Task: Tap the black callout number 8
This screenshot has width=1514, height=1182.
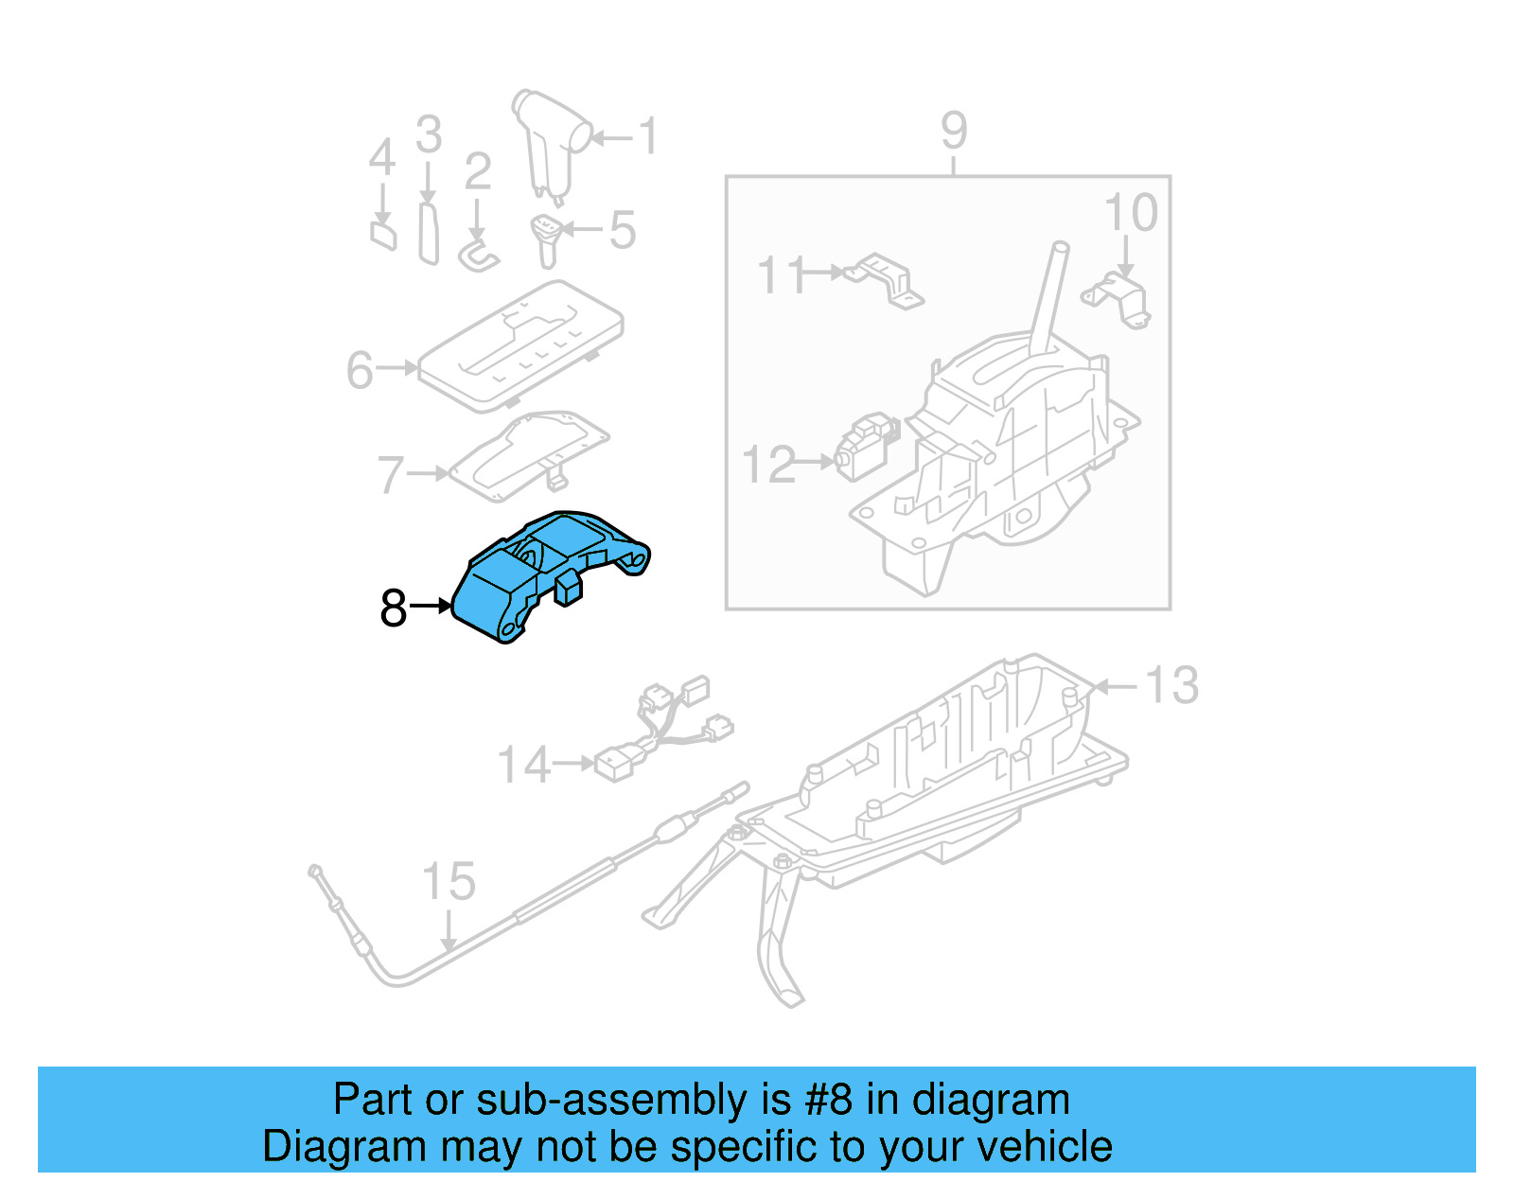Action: point(393,609)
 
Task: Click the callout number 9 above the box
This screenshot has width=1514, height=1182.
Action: point(954,131)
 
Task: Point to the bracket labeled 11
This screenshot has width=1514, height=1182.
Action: point(886,280)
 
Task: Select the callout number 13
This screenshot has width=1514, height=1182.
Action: point(1171,685)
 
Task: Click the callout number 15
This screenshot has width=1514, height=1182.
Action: point(448,882)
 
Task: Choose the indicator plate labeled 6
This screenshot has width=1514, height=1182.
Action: point(520,345)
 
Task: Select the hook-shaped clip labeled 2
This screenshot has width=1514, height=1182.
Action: point(478,256)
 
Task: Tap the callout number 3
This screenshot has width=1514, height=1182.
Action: point(429,135)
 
